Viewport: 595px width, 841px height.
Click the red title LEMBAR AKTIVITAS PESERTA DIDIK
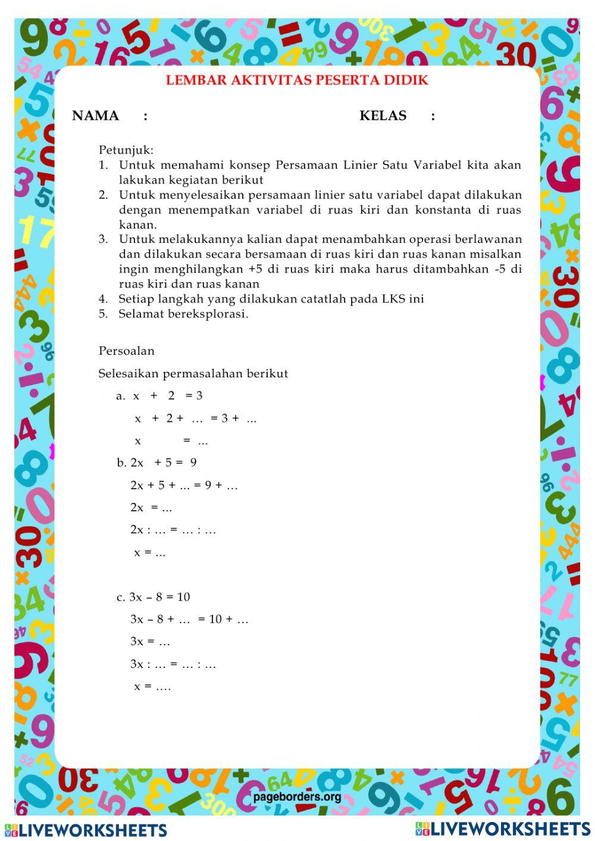[297, 80]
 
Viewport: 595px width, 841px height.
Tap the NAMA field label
[95, 116]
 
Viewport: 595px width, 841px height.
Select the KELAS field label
[383, 116]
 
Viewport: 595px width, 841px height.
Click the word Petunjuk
[126, 150]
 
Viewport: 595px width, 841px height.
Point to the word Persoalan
[126, 351]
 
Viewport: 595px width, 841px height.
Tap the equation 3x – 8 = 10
[159, 597]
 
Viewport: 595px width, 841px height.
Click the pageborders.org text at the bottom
[297, 797]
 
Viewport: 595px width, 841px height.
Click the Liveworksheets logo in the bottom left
[86, 830]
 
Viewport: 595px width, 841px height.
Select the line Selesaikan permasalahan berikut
[193, 374]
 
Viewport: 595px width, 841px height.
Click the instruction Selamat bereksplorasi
[183, 314]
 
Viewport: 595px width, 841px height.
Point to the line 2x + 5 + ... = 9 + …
[184, 485]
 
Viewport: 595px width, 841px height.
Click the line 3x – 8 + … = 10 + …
[189, 619]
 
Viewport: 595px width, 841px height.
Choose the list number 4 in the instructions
[103, 299]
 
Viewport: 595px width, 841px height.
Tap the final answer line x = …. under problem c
[152, 686]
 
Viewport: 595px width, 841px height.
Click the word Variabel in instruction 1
[437, 165]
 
